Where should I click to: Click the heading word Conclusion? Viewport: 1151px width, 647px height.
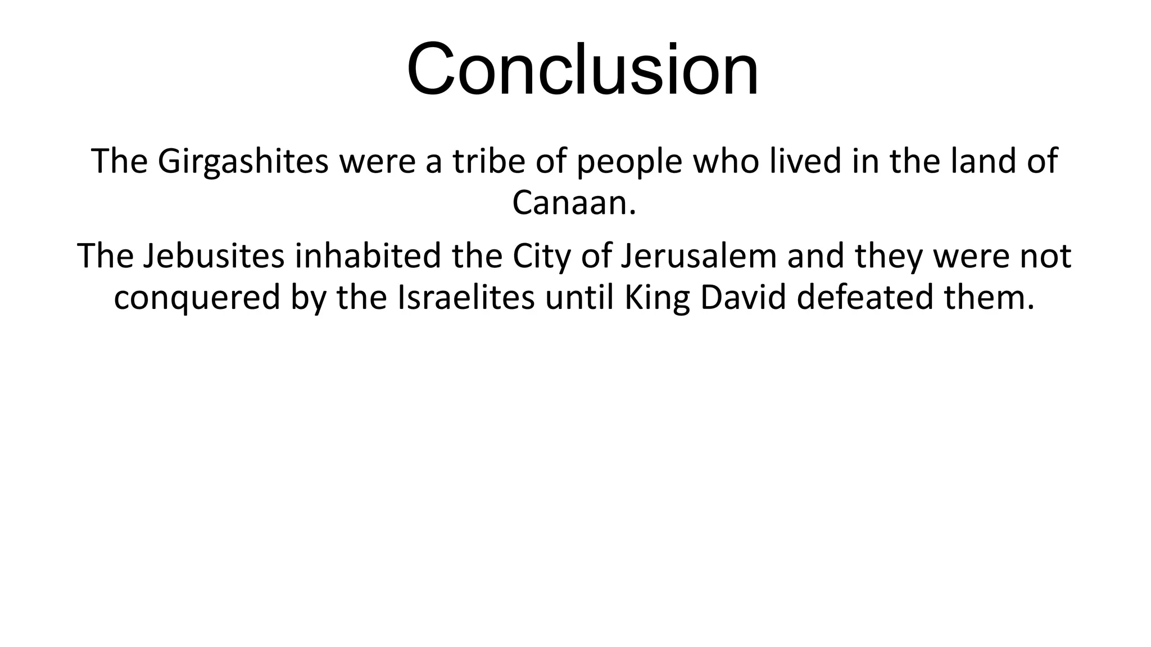pyautogui.click(x=583, y=70)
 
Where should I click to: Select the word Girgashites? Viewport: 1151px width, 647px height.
pyautogui.click(x=243, y=161)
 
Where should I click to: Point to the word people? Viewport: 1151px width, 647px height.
pyautogui.click(x=629, y=161)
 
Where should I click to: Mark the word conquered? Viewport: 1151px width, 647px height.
pyautogui.click(x=197, y=297)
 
